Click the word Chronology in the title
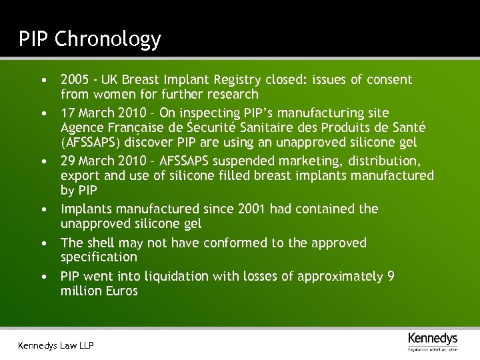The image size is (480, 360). pyautogui.click(x=108, y=39)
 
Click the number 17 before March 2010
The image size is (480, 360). pyautogui.click(x=68, y=113)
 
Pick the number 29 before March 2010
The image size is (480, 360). pyautogui.click(x=68, y=161)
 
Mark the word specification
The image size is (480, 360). pyautogui.click(x=99, y=257)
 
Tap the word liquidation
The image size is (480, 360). pyautogui.click(x=177, y=276)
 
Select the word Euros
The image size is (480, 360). pyautogui.click(x=121, y=291)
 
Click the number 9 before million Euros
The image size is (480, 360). pyautogui.click(x=390, y=276)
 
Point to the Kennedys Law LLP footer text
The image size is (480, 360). pyautogui.click(x=55, y=345)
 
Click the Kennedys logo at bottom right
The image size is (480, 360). pyautogui.click(x=433, y=339)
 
